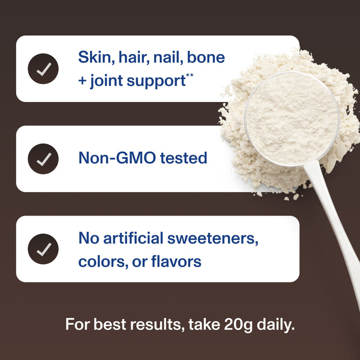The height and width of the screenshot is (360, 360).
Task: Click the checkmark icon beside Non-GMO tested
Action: coord(43,159)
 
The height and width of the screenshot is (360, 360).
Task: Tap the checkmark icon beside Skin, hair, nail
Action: coord(43,69)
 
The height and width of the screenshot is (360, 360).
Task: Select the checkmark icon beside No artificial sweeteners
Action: coord(43,249)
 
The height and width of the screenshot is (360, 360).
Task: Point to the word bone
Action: coord(206,58)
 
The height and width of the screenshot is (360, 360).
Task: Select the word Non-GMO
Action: coord(116,158)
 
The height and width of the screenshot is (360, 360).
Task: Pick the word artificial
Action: coord(131,238)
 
